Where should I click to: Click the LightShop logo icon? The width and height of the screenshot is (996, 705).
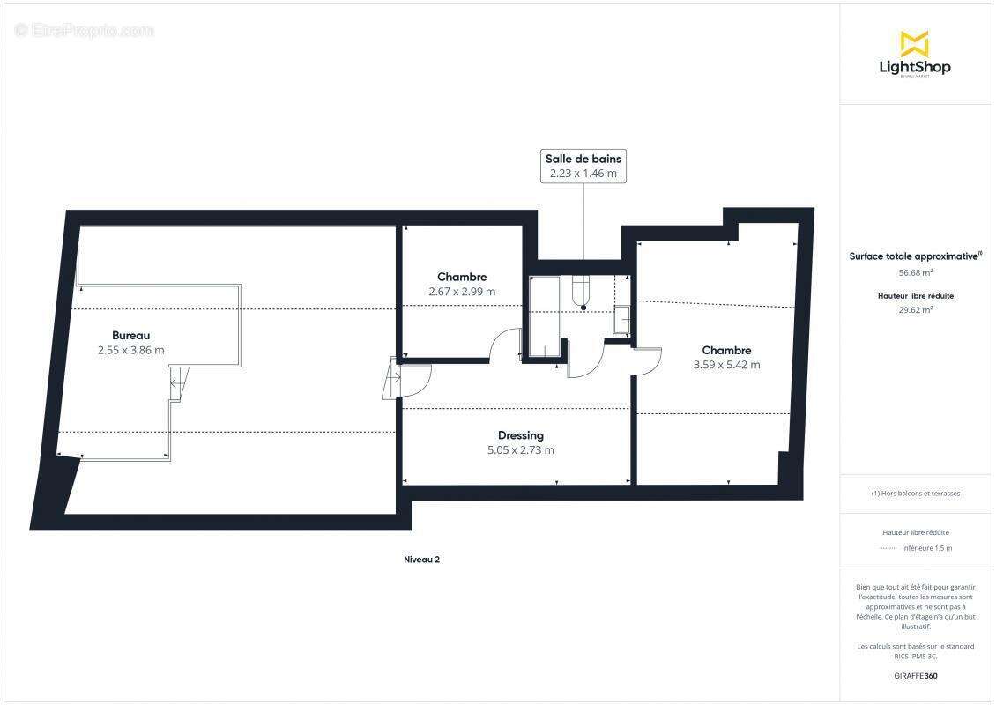pos(914,43)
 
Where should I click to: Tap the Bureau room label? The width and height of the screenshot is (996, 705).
pos(130,335)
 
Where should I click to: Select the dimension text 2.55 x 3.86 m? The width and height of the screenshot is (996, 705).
pos(130,350)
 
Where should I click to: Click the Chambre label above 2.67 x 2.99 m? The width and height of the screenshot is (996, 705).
pos(462,277)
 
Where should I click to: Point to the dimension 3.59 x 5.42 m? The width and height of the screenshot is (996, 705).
pos(726,365)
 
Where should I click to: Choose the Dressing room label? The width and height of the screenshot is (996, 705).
pos(520,435)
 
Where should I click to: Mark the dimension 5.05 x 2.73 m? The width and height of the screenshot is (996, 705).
pos(520,450)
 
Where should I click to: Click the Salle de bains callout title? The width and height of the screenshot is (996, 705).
pos(583,159)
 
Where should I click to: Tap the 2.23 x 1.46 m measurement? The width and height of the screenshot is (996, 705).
pos(583,174)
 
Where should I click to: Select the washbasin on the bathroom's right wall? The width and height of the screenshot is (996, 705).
pos(621,318)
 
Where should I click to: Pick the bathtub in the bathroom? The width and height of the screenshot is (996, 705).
pos(544,317)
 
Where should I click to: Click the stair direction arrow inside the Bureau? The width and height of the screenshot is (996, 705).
pos(176,382)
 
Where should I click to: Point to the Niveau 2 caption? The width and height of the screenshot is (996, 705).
pos(421,559)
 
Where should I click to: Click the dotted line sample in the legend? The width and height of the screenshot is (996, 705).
pos(888,548)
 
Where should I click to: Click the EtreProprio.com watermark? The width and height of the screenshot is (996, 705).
pos(84,31)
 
